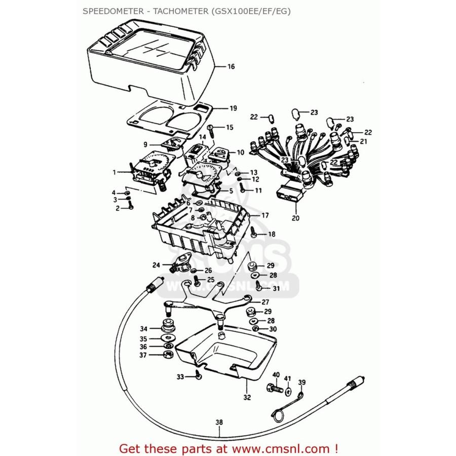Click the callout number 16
(231, 67)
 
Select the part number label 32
(247, 397)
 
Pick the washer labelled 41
(288, 392)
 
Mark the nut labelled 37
(168, 355)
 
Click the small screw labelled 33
(198, 376)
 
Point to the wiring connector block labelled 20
(289, 195)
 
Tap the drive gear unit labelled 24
(179, 264)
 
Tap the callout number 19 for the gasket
(233, 108)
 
